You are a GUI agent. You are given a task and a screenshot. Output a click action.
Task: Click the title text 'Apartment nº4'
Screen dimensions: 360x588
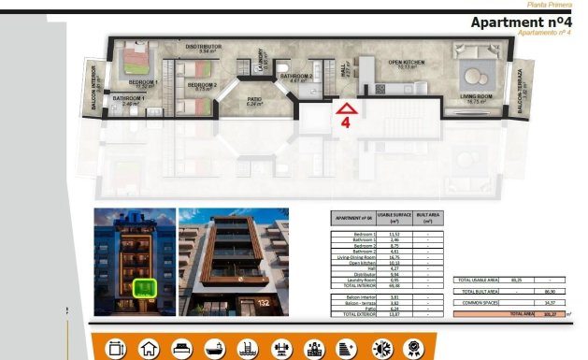[521, 22]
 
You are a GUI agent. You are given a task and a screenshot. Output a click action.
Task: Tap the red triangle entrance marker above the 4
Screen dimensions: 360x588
[346, 108]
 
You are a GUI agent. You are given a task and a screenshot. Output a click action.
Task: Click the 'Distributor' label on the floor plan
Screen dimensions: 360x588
[203, 47]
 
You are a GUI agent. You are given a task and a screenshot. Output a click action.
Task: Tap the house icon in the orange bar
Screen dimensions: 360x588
[148, 348]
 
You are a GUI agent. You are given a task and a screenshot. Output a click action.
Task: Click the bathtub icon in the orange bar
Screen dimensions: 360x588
[213, 348]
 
